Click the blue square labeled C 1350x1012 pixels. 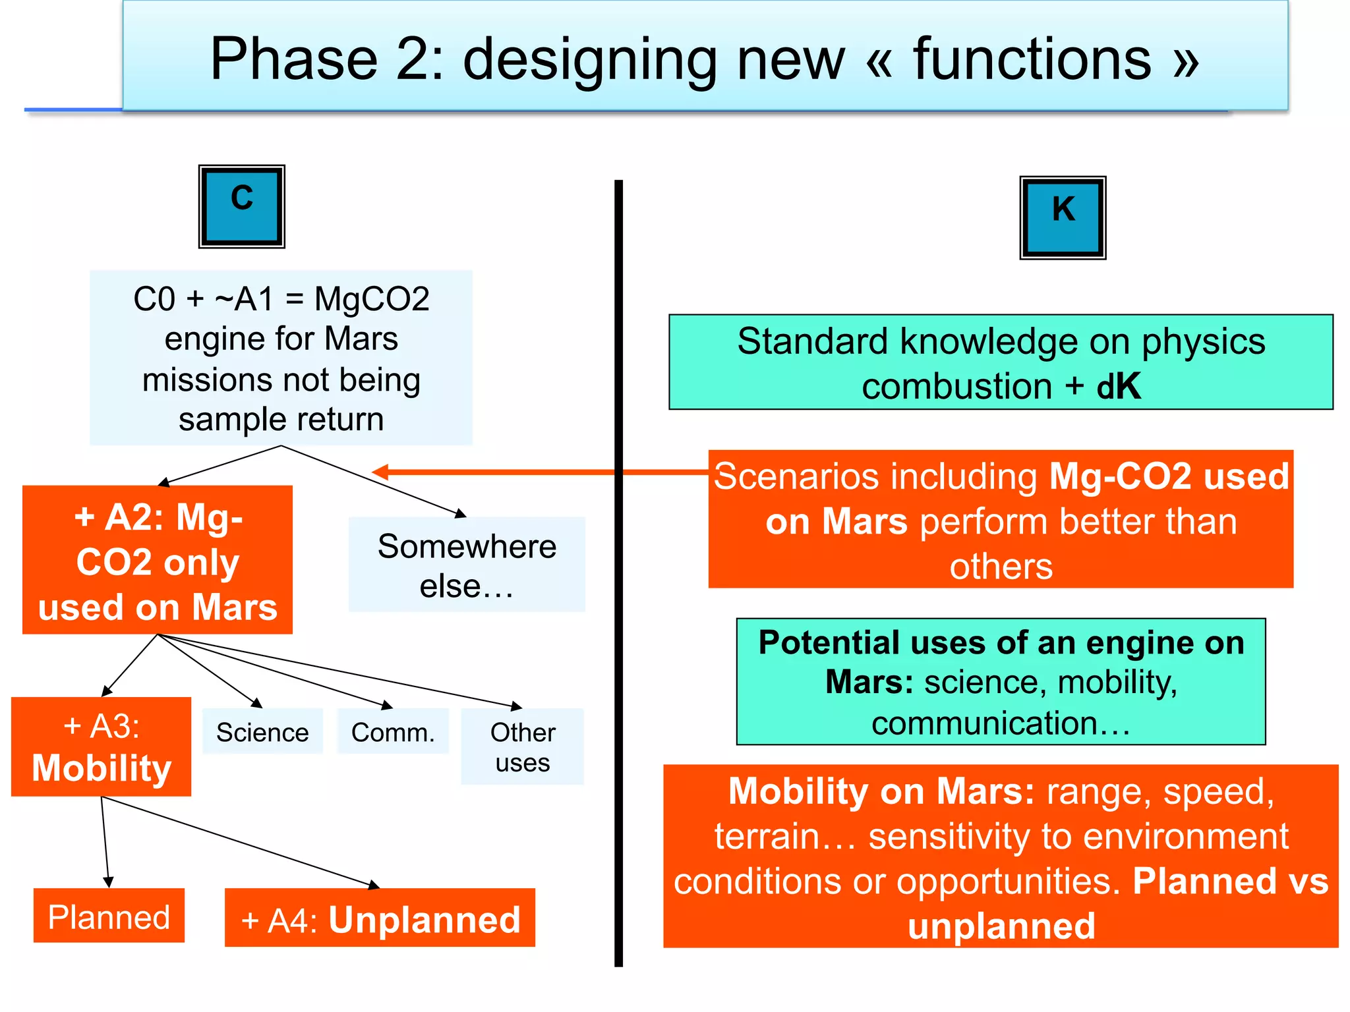tap(242, 206)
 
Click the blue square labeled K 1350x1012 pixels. tap(1063, 217)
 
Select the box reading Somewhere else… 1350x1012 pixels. tap(467, 565)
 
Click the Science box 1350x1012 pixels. tap(262, 731)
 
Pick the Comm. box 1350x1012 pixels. tap(393, 731)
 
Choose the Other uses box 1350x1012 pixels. tap(522, 746)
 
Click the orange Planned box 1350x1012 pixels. tap(109, 916)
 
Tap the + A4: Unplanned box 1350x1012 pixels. tap(380, 918)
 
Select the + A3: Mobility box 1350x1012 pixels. tap(102, 747)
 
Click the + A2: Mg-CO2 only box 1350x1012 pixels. tap(158, 561)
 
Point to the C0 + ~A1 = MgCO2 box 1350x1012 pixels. tap(281, 358)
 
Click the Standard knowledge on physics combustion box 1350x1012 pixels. tap(1001, 362)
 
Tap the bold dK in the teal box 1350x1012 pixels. tap(1118, 386)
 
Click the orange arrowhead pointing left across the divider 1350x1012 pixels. tap(380, 472)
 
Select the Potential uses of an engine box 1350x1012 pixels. tap(1001, 681)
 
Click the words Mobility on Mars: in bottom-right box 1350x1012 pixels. tap(881, 791)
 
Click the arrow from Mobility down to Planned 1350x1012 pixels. tap(105, 843)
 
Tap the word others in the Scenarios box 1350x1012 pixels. tap(1001, 567)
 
